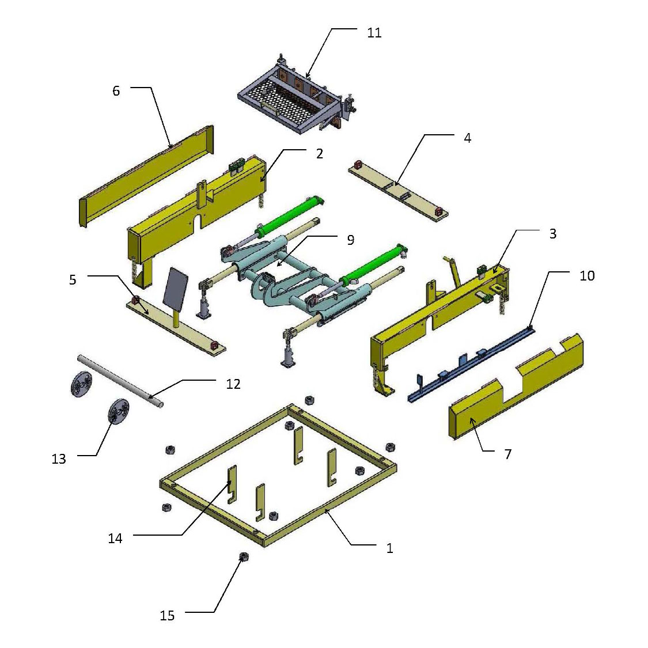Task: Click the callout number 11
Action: click(374, 33)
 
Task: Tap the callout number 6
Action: click(116, 91)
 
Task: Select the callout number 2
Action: click(320, 154)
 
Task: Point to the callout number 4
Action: click(467, 138)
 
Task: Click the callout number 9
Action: click(350, 240)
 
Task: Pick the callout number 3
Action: click(552, 234)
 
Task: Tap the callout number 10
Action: click(586, 276)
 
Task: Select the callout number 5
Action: click(73, 281)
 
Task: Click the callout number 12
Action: click(233, 384)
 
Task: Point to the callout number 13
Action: click(59, 459)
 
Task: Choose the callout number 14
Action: click(115, 539)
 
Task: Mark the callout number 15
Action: click(167, 616)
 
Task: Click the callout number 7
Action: click(507, 454)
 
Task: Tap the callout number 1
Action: click(389, 548)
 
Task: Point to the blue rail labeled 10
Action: click(472, 363)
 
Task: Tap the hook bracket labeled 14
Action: click(231, 484)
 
